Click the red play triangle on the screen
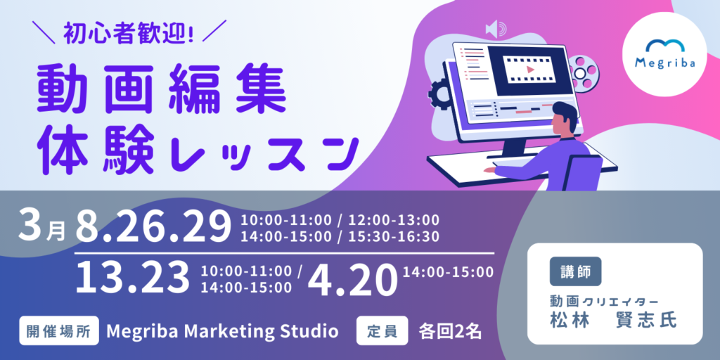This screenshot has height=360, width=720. pyautogui.click(x=530, y=70)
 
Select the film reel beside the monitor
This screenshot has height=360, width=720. pyautogui.click(x=582, y=72)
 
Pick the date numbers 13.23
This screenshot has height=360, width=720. pyautogui.click(x=132, y=277)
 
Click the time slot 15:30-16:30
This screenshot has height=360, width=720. pyautogui.click(x=394, y=236)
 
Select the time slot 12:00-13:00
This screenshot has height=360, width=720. pyautogui.click(x=394, y=219)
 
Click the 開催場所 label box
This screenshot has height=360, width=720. pyautogui.click(x=59, y=330)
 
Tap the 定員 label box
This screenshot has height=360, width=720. pyautogui.click(x=382, y=330)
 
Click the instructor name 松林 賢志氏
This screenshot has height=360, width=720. pyautogui.click(x=613, y=321)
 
